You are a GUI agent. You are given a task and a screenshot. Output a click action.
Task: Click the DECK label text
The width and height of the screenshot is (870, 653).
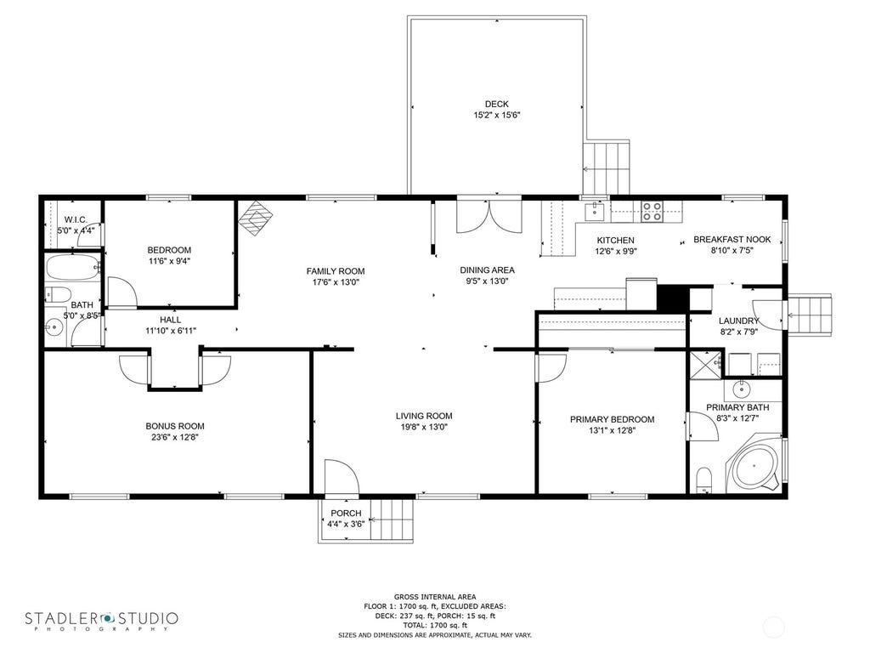(496, 104)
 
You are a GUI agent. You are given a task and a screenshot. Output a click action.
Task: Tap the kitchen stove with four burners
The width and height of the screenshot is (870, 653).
(652, 212)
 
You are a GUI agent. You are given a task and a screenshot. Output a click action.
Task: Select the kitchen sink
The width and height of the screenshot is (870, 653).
(595, 211)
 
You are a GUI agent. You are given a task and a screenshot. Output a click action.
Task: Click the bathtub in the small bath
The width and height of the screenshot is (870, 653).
(73, 268)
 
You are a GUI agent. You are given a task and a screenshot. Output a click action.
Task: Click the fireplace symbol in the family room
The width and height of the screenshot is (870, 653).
(257, 218)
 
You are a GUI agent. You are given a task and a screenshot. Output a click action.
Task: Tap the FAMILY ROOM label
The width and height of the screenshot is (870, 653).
(336, 271)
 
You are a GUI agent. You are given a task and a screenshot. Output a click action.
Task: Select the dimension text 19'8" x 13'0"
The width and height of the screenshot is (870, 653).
(424, 427)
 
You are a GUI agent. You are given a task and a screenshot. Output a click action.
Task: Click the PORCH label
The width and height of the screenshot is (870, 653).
(346, 513)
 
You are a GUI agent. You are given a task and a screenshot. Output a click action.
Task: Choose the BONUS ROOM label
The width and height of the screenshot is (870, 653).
(175, 426)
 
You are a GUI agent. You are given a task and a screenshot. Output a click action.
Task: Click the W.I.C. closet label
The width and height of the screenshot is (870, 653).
(76, 219)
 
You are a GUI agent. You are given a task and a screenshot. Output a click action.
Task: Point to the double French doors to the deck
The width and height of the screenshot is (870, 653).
(489, 215)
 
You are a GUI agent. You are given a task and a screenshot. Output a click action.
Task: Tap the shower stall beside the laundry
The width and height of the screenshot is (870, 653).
(706, 364)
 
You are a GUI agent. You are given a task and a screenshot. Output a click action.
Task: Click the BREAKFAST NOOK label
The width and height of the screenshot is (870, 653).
(732, 239)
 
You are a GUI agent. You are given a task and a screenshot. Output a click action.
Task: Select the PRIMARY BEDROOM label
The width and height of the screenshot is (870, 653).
(612, 419)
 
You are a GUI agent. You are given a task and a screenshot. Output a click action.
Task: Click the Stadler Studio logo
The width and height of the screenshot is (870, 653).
(102, 620)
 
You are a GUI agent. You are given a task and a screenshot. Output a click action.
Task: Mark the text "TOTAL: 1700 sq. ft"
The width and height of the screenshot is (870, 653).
(435, 625)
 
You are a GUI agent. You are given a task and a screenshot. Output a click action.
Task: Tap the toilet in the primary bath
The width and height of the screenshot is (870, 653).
(704, 480)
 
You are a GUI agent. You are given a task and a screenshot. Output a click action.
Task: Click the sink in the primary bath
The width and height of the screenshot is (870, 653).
(741, 389)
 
